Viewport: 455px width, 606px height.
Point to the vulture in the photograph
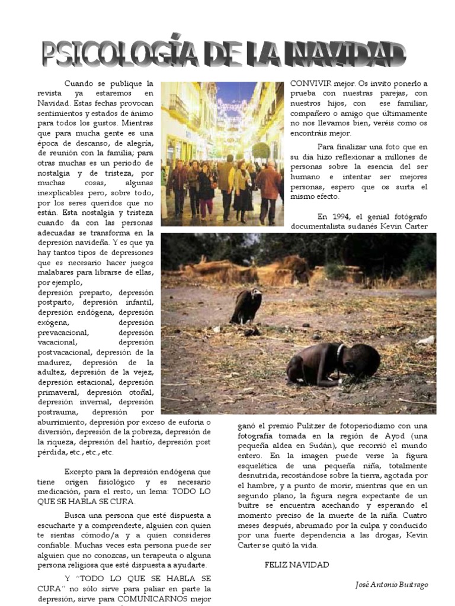tap(246, 305)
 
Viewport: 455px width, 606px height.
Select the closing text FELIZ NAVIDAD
tap(296, 565)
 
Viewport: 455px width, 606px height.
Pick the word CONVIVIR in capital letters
tap(309, 83)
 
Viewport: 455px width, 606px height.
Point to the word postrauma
tap(56, 412)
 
